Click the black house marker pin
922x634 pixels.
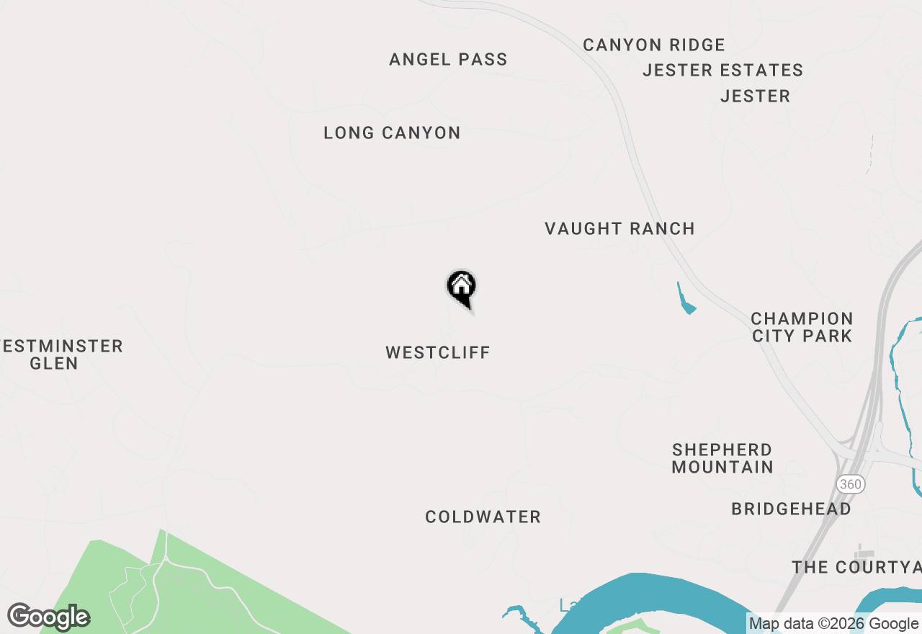point(461,287)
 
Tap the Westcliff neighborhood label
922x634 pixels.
point(438,353)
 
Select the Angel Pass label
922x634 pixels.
point(448,60)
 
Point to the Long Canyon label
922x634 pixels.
point(392,133)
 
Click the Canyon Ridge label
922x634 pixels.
point(654,45)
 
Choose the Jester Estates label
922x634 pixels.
point(722,71)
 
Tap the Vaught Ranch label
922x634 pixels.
point(619,229)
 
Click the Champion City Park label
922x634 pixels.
point(802,328)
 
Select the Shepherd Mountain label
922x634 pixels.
point(722,459)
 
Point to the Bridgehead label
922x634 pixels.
point(791,509)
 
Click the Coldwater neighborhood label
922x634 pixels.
point(483,517)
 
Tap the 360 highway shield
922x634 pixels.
point(851,484)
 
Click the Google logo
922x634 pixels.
point(49,617)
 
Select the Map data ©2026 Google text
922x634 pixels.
point(833,624)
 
